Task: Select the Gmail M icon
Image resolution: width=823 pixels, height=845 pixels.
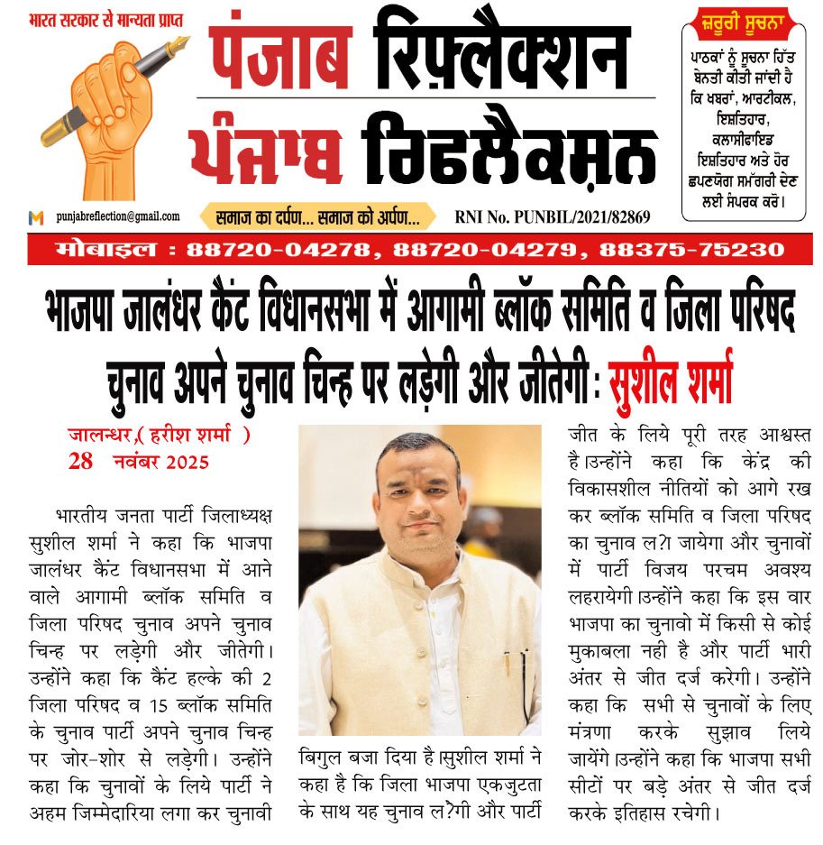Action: click(x=36, y=217)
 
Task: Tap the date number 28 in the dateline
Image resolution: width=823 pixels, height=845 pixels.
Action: click(x=81, y=462)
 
